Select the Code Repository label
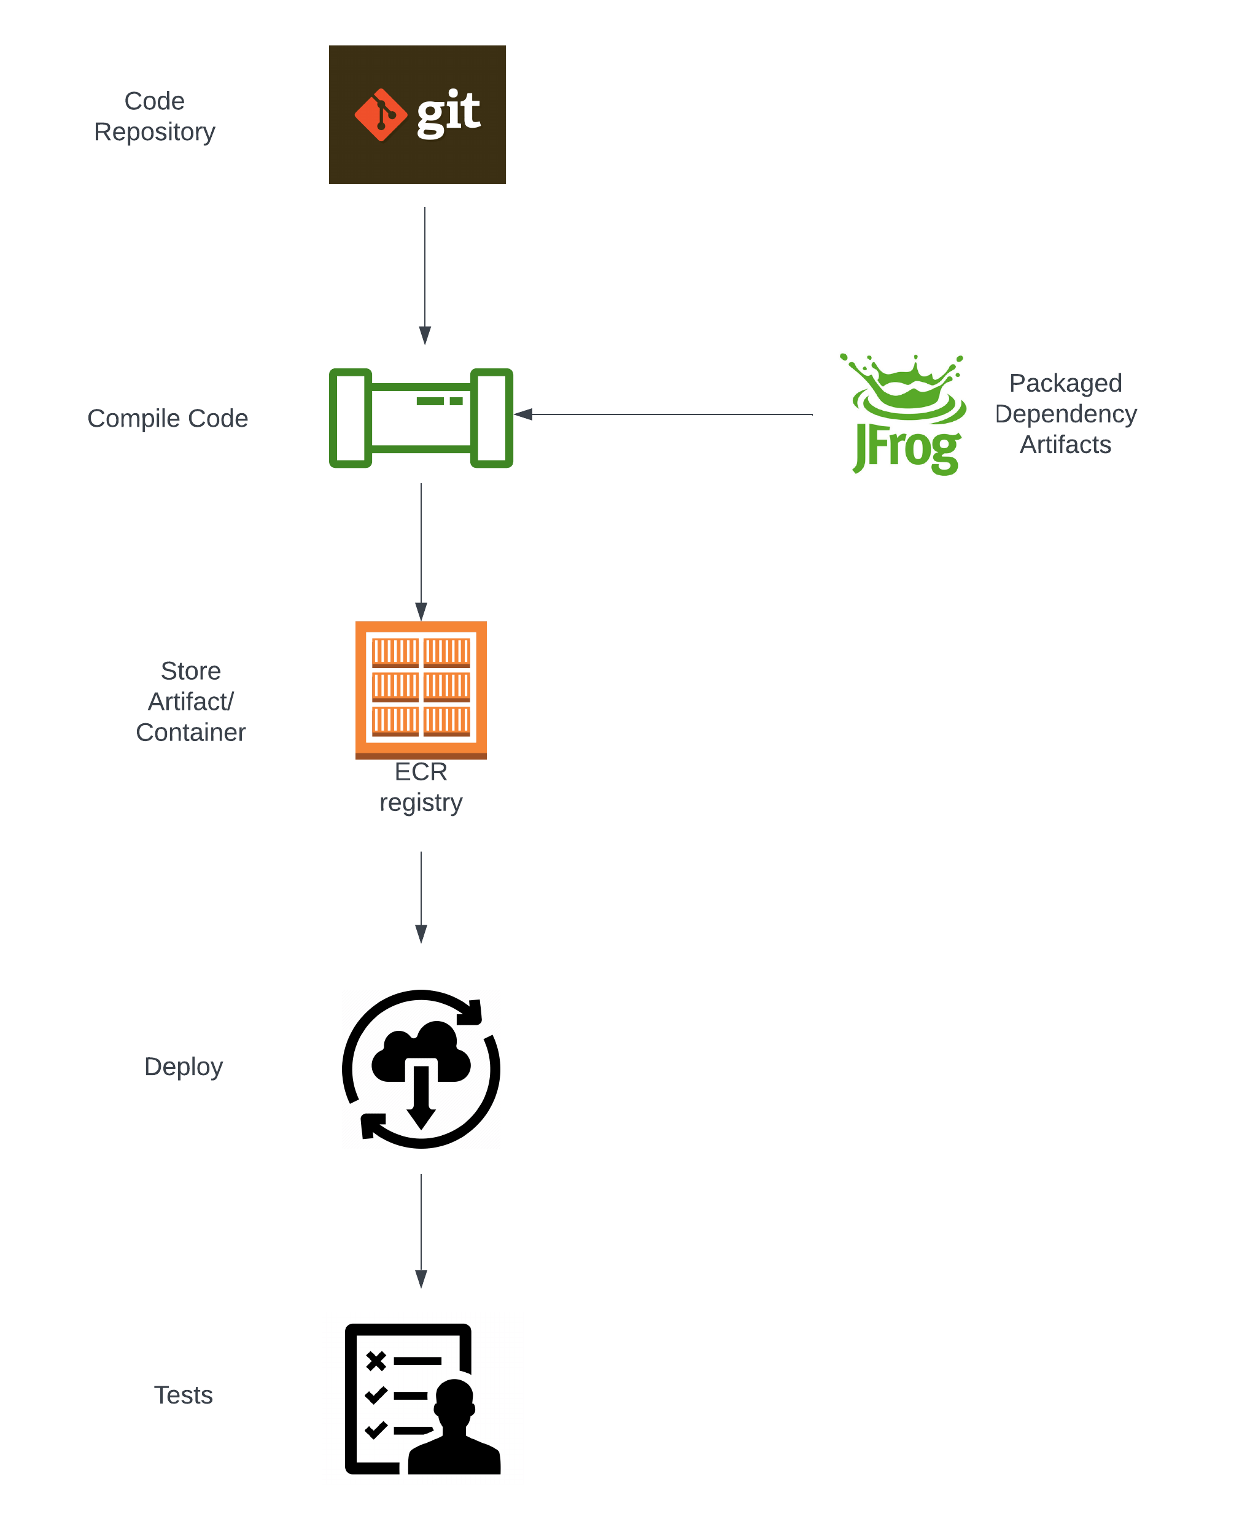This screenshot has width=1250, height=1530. [x=154, y=116]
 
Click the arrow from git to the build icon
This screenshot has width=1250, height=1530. [x=425, y=274]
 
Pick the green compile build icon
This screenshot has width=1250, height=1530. [x=421, y=417]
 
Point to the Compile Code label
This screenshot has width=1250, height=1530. [x=167, y=418]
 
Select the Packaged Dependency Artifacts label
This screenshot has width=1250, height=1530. [x=1065, y=413]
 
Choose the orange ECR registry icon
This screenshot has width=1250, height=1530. [x=421, y=689]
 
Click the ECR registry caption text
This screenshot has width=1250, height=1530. [x=421, y=787]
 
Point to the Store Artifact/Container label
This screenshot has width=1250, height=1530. [x=190, y=701]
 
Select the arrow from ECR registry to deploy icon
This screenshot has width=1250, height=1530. [x=421, y=896]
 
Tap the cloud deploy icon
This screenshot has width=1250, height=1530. [x=421, y=1068]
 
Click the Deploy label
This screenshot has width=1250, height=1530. [x=183, y=1066]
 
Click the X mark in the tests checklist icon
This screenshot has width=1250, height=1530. [x=376, y=1360]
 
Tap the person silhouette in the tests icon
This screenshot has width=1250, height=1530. [x=454, y=1429]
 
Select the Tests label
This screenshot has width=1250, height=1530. [x=183, y=1396]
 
